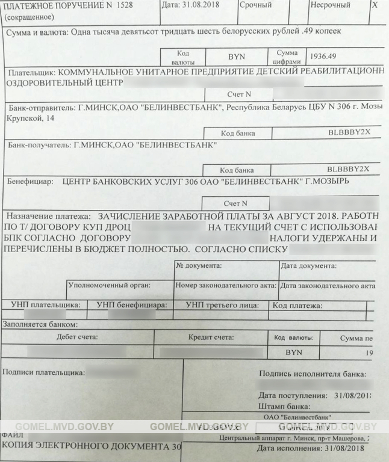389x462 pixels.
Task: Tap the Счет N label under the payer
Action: (239, 94)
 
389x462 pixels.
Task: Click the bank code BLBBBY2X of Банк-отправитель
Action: (348, 131)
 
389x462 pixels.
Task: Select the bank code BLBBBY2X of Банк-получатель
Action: (348, 168)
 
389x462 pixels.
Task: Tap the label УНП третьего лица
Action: (222, 306)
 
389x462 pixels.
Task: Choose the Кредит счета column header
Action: (211, 337)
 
